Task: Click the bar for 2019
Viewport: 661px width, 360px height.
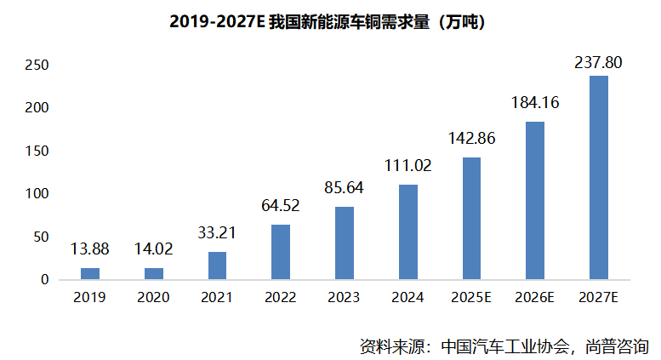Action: (x=90, y=273)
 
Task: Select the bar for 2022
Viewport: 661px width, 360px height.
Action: (x=281, y=252)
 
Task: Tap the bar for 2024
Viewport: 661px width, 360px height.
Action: (x=407, y=231)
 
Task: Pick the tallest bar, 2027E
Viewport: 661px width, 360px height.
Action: (x=599, y=177)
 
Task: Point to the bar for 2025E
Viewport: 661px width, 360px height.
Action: (x=471, y=218)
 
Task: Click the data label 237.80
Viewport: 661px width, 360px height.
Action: (x=599, y=61)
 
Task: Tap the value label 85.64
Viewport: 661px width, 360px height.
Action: (x=344, y=187)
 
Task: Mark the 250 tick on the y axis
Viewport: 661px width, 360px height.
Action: (x=37, y=66)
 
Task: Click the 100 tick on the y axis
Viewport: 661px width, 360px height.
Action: (x=37, y=194)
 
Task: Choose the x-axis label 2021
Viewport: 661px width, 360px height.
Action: (x=217, y=298)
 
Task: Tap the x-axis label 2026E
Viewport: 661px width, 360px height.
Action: (x=535, y=298)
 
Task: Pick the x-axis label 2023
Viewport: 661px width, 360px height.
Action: (x=344, y=298)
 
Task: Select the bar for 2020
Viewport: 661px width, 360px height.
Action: (x=153, y=273)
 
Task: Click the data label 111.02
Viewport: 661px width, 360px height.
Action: (x=407, y=166)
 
